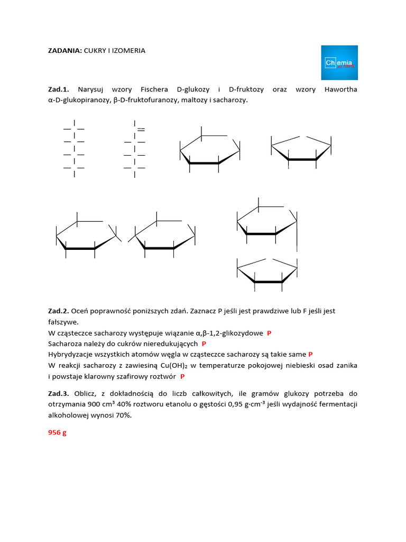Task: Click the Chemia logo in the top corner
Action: pyautogui.click(x=339, y=62)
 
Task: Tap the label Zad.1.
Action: pyautogui.click(x=59, y=89)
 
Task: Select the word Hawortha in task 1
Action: pyautogui.click(x=340, y=89)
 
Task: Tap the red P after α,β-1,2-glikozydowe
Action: pyautogui.click(x=269, y=333)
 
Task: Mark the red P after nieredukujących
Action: pyautogui.click(x=204, y=344)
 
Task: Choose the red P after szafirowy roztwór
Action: pyautogui.click(x=182, y=377)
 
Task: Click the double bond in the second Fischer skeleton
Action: pyautogui.click(x=141, y=129)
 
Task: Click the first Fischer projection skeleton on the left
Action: pyautogui.click(x=74, y=148)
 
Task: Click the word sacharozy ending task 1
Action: pyautogui.click(x=230, y=100)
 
